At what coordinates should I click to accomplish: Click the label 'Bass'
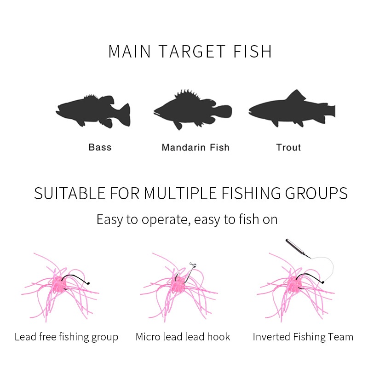(x=100, y=147)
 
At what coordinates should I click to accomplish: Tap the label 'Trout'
(x=288, y=147)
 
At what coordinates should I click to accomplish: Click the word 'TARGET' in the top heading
(x=192, y=52)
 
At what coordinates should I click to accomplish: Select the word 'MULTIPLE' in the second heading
(x=180, y=193)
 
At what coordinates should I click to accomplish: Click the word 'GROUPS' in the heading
(x=316, y=193)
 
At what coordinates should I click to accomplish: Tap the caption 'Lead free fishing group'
(x=66, y=337)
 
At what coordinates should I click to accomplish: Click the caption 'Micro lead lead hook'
(x=183, y=337)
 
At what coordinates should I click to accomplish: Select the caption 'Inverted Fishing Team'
(x=303, y=337)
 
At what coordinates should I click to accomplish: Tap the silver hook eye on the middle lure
(x=193, y=265)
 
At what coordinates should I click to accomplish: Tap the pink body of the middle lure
(x=178, y=284)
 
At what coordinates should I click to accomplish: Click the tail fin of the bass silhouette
(x=124, y=115)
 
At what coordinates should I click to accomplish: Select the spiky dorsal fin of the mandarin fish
(x=187, y=94)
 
